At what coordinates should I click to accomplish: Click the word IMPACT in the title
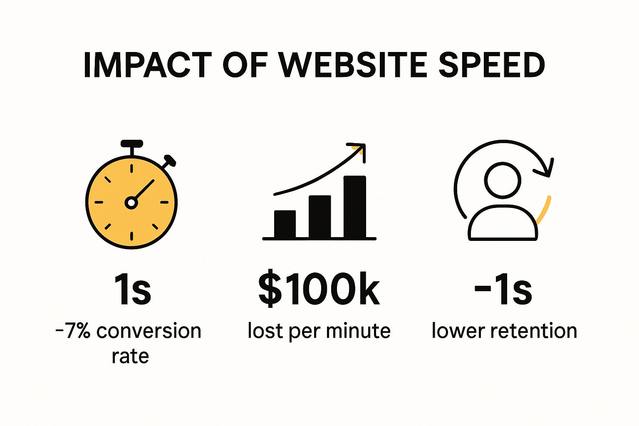pos(148,66)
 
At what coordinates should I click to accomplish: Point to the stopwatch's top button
pos(131,144)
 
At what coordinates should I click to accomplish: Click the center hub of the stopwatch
pos(131,203)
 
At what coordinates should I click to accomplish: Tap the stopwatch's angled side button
pos(169,161)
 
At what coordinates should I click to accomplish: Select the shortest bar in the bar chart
pos(285,224)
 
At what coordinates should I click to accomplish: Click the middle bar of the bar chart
pos(319,217)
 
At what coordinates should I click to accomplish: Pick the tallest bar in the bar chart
pos(354,207)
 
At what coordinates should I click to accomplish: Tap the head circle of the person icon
pos(503,180)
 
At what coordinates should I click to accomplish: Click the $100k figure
pos(319,290)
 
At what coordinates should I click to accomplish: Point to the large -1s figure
pos(503,290)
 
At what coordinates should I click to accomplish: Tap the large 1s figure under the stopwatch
pos(132,290)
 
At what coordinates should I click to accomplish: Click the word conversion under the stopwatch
pos(149,331)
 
